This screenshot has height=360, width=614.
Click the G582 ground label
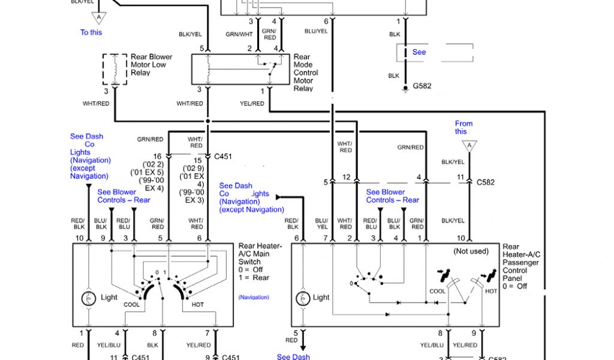point(422,86)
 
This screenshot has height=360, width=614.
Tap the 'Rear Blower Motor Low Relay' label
point(151,65)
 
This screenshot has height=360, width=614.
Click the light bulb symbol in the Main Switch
point(89,298)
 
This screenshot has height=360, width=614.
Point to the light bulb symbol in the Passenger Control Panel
point(304,297)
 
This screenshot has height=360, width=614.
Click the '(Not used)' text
point(471,251)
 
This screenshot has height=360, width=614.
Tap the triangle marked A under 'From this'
point(470,146)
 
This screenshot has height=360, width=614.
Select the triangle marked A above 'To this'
point(100,17)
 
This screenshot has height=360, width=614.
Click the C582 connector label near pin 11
point(486,182)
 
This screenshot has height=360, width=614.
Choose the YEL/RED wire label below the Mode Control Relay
point(252,104)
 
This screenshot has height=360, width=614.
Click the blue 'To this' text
point(91,32)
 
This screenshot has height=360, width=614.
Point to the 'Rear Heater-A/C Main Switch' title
point(258,254)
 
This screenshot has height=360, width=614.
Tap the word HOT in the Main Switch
point(197,305)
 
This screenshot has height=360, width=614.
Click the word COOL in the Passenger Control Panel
point(438,291)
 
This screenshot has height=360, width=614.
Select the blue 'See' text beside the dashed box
point(419,52)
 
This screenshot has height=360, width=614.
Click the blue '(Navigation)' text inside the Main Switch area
point(254,297)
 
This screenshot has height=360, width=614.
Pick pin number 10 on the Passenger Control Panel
point(460,239)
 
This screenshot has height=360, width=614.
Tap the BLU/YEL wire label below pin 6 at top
point(316,31)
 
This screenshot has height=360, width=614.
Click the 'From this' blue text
point(463,127)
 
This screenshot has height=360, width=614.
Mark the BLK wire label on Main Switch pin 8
point(152,345)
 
